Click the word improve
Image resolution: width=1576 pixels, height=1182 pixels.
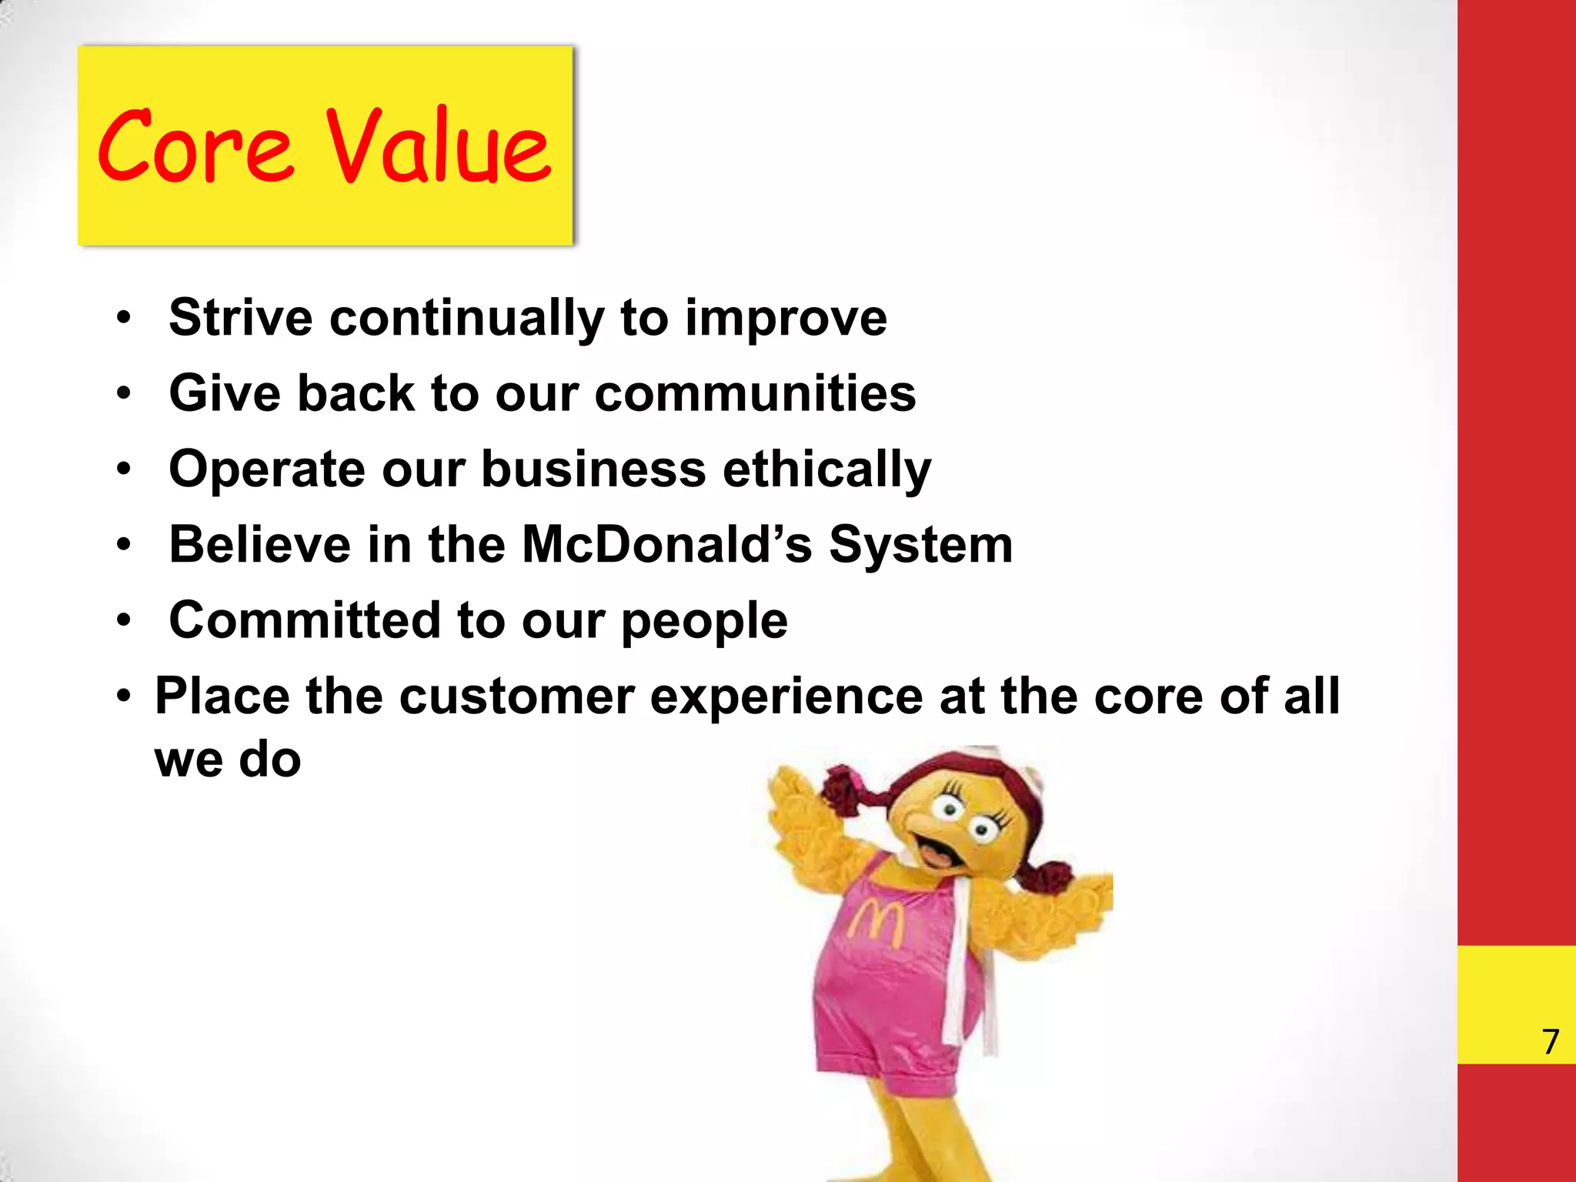click(x=786, y=319)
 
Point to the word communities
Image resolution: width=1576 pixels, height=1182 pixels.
click(x=755, y=393)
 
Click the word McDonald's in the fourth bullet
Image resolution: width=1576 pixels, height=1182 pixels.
click(x=666, y=544)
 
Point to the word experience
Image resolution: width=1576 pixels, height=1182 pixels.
click(x=786, y=697)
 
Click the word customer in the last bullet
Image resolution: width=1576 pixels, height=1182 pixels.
click(x=516, y=696)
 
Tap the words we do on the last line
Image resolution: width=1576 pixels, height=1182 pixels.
click(x=228, y=760)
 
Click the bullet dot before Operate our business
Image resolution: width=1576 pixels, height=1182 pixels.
click(x=124, y=469)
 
